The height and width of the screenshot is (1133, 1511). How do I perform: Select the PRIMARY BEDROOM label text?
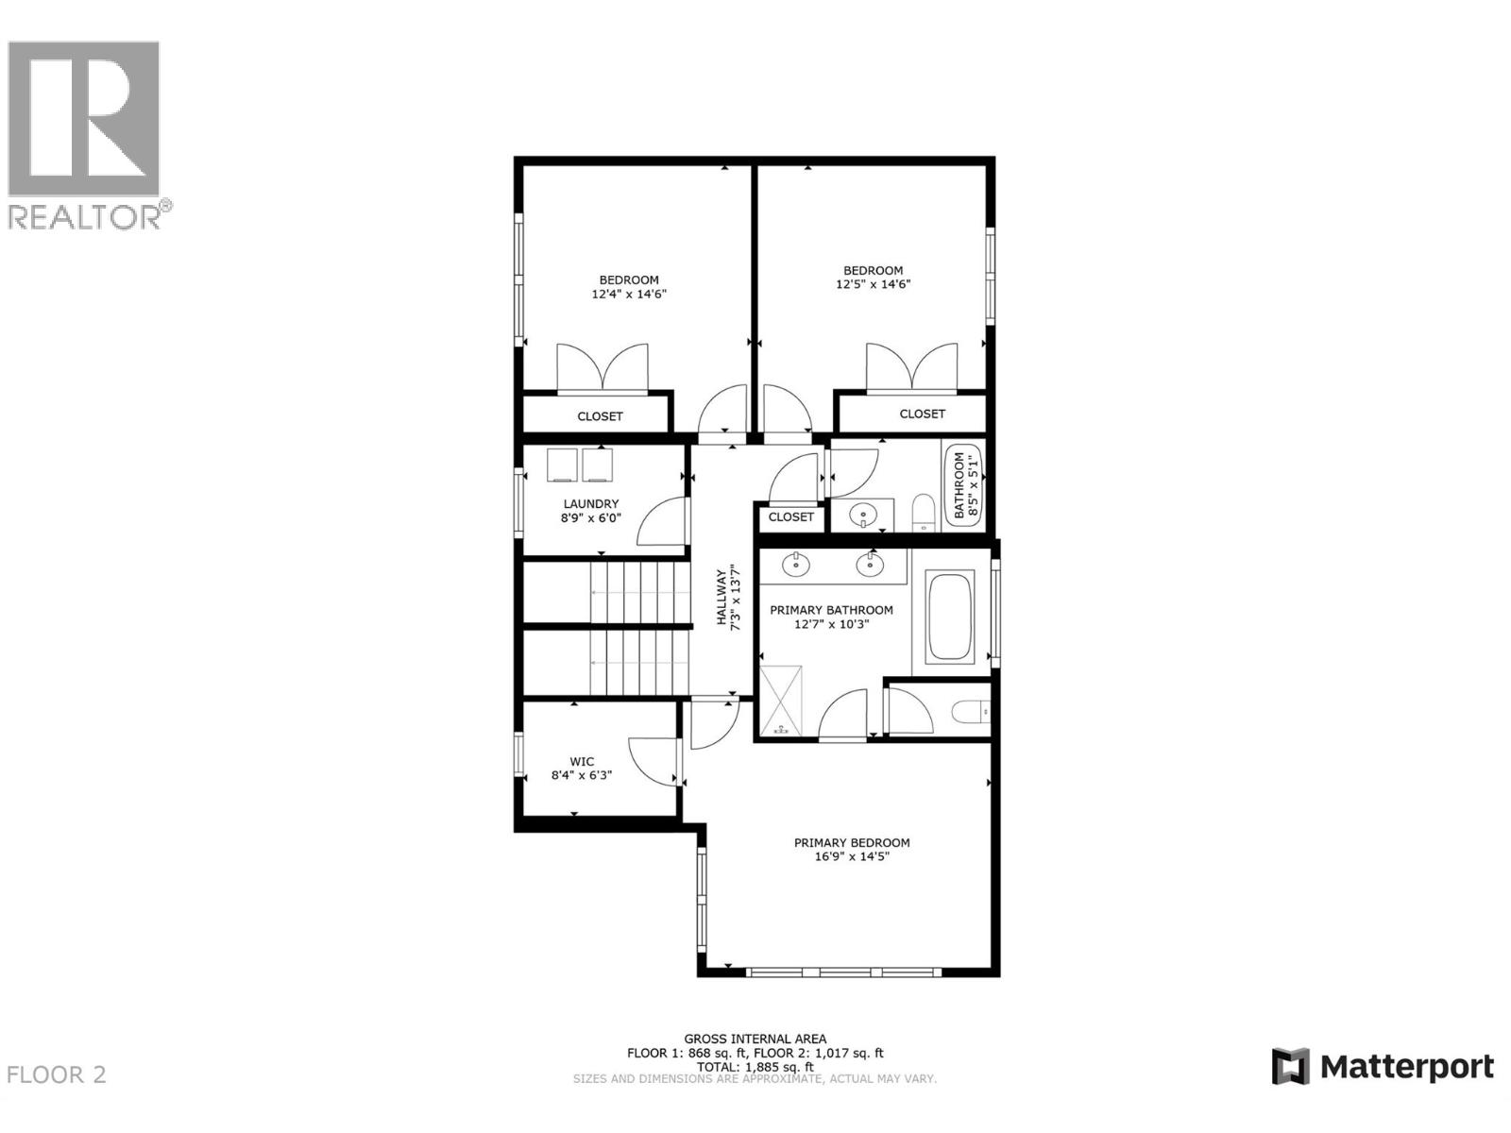pos(852,843)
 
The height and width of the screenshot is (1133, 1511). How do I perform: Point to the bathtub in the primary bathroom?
pos(950,617)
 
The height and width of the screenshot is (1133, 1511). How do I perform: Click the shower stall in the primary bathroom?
pos(781,700)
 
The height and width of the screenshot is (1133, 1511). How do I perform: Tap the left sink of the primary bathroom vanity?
pos(796,565)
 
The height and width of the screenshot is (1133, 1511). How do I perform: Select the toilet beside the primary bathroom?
pos(969,711)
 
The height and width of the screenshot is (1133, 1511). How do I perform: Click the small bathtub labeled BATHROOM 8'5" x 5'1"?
pos(964,485)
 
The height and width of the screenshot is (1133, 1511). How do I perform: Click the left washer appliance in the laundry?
pos(562,465)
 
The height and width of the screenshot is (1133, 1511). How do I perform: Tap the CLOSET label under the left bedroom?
pos(600,416)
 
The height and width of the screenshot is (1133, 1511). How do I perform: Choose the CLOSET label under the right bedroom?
pos(922,414)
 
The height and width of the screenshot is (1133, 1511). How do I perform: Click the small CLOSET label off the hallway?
pos(790,517)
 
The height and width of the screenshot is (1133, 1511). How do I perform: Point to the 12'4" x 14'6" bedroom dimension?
pos(629,294)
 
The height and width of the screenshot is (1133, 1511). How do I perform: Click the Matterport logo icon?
pos(1290,1067)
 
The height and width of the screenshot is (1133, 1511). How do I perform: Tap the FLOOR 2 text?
pos(57,1074)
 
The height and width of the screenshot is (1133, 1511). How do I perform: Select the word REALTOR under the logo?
pos(84,217)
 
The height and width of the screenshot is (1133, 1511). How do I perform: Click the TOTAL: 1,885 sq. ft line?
pos(755,1066)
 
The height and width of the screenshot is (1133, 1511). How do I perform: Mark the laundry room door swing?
pos(661,525)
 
